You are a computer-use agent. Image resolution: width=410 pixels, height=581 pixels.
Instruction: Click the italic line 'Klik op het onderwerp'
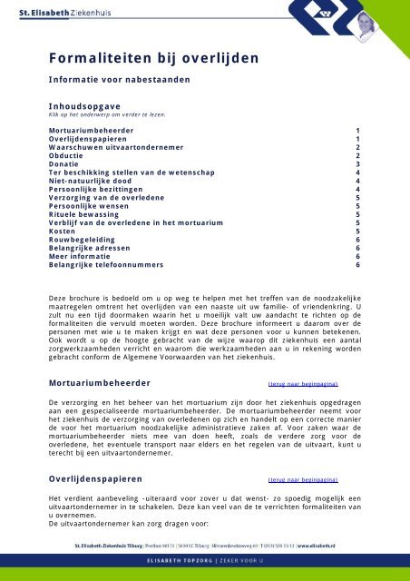[x=101, y=116]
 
